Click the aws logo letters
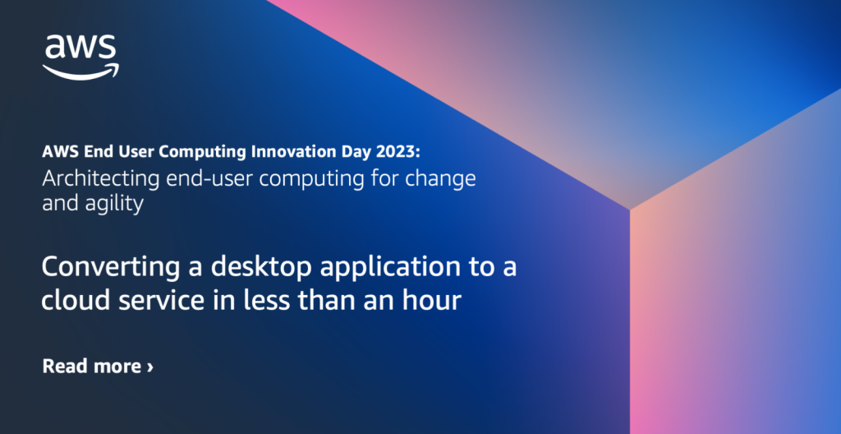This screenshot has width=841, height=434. pos(80,47)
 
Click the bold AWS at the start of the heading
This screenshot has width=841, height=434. pos(60,153)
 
